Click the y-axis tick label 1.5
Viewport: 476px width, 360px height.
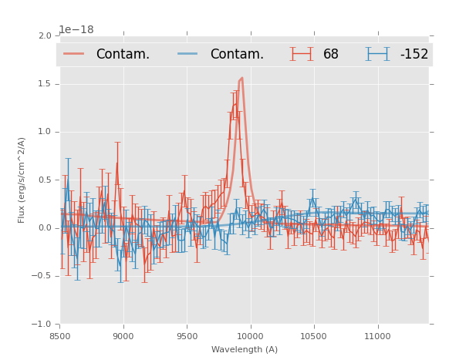[x=45, y=84]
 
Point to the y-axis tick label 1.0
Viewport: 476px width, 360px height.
[x=45, y=132]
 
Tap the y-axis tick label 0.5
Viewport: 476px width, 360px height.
[x=45, y=180]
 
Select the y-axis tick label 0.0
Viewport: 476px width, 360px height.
[x=45, y=228]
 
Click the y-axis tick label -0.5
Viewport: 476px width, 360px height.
[x=43, y=276]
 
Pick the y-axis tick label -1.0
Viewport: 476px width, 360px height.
[x=43, y=325]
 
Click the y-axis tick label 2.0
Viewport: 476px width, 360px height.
[x=45, y=36]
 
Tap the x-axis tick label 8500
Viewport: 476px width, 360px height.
[x=60, y=336]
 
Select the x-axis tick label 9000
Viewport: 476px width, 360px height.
[x=123, y=336]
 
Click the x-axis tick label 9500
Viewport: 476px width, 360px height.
[x=187, y=336]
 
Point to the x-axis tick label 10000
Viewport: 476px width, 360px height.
[x=251, y=336]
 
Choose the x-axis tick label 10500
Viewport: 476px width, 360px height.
[x=314, y=336]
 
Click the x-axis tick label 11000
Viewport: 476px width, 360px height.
[x=378, y=336]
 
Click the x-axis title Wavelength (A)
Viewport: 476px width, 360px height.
[x=245, y=350]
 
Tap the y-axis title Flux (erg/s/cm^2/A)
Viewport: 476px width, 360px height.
[x=22, y=180]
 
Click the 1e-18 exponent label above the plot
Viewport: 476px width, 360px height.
[x=76, y=30]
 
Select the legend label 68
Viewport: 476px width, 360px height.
[x=331, y=54]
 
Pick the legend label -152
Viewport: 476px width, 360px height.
[x=414, y=54]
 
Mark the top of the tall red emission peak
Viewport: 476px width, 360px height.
[x=241, y=78]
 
